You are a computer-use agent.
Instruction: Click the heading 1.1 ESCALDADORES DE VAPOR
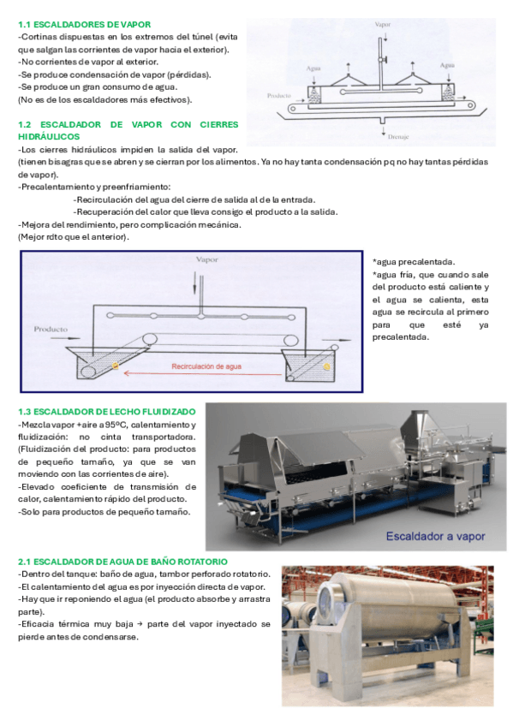[84, 25]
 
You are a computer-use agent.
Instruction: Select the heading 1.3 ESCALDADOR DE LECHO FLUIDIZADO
[107, 412]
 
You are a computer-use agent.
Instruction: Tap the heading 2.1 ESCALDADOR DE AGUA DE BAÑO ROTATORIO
[122, 562]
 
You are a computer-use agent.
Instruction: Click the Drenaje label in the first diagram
[398, 137]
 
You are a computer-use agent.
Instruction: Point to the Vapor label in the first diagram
[383, 24]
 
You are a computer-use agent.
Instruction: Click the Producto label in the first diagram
[278, 95]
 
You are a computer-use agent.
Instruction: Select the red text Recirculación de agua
[206, 366]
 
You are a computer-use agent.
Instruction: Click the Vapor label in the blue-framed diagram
[206, 259]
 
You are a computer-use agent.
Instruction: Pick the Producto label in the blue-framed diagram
[51, 330]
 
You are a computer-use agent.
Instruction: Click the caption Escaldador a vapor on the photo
[436, 536]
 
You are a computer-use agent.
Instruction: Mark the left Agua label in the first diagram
[313, 68]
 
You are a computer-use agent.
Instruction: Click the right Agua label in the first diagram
[447, 65]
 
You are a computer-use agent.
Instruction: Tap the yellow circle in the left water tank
[116, 366]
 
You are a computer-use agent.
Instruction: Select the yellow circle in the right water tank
[327, 366]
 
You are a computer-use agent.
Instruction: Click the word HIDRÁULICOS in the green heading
[49, 137]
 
